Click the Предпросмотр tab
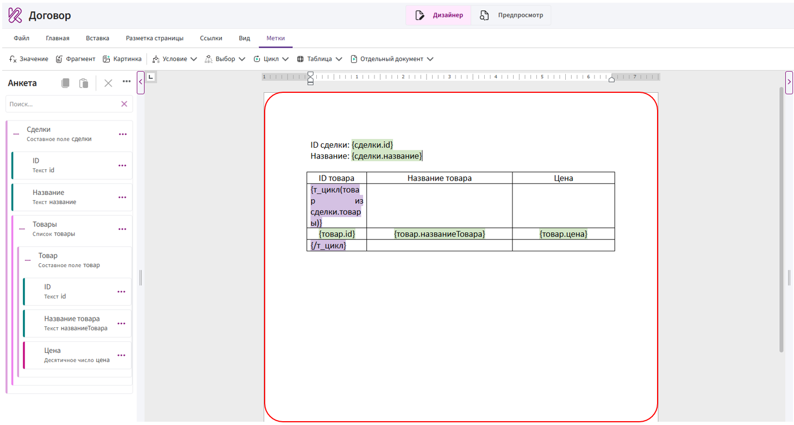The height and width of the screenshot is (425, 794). point(511,15)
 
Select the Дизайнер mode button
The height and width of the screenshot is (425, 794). point(439,15)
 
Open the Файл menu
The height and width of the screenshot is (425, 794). point(22,38)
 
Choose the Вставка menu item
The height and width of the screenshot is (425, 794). point(97,38)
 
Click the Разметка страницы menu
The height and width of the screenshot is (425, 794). point(154,38)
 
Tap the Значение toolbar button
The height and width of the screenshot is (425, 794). point(29,59)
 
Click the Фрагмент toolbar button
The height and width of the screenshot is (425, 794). point(76,59)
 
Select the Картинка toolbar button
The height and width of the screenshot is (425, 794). point(122,59)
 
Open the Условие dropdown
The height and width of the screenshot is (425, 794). point(174,59)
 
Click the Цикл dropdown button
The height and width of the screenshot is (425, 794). point(271,59)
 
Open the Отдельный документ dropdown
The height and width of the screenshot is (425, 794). point(392,59)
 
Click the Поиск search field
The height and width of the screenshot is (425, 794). point(64,104)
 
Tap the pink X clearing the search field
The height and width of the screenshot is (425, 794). point(124,104)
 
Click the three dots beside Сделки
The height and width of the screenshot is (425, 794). point(123,134)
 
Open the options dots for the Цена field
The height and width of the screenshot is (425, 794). point(121,355)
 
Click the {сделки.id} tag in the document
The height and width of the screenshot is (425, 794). point(372,144)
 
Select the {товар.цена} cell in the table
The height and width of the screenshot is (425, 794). point(563,234)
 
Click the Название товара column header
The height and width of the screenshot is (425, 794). point(440,178)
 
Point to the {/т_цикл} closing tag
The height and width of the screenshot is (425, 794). point(328,245)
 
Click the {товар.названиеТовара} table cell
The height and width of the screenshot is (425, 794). point(440,234)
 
